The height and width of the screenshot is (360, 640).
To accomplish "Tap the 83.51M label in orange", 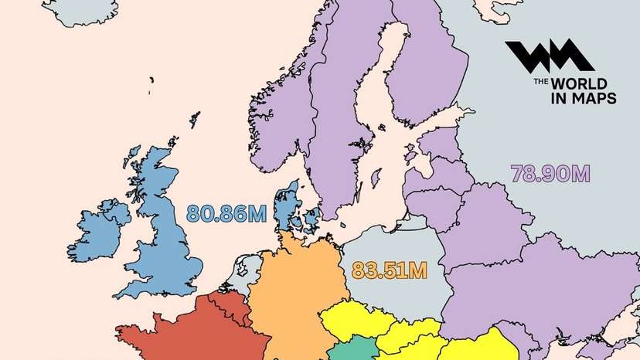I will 389,270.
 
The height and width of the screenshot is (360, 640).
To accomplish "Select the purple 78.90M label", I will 550,173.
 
